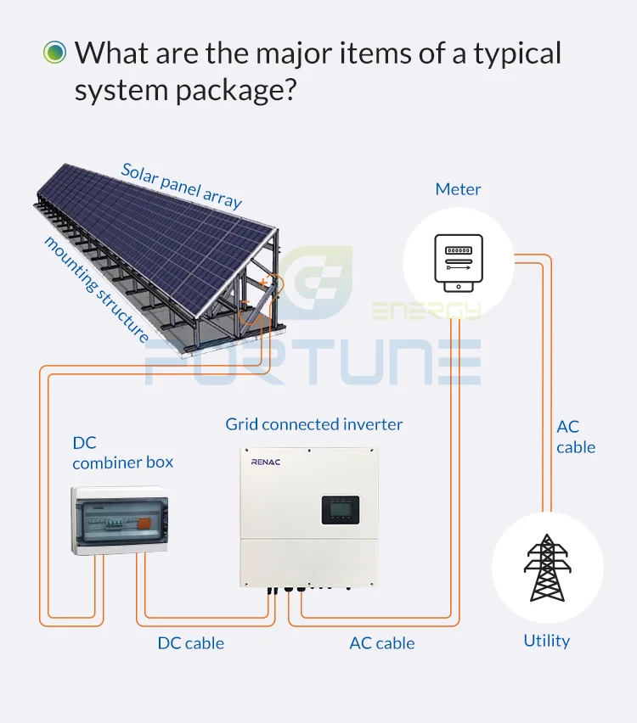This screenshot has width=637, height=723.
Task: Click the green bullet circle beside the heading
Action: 54,52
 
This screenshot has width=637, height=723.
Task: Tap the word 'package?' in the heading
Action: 236,91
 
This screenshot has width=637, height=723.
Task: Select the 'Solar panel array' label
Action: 181,187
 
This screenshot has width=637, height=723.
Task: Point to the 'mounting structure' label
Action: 96,289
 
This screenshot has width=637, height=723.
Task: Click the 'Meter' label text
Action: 458,189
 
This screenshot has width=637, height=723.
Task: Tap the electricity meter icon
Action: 459,263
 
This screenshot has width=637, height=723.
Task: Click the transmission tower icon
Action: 547,568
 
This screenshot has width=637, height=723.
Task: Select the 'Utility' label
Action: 546,641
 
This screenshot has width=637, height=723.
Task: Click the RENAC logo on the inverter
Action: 265,462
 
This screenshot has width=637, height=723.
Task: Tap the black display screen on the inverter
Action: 341,510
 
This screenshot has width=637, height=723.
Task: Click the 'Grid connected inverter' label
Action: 314,424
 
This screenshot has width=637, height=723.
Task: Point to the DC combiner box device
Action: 120,520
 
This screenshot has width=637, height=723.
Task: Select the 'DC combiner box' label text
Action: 123,452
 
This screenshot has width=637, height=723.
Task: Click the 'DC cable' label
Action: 190,643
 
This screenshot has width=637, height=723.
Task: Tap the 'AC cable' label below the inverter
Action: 381,643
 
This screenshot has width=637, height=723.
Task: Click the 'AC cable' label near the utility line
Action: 576,437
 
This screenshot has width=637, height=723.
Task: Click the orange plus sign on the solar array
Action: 263,283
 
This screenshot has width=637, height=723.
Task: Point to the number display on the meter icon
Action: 459,250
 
